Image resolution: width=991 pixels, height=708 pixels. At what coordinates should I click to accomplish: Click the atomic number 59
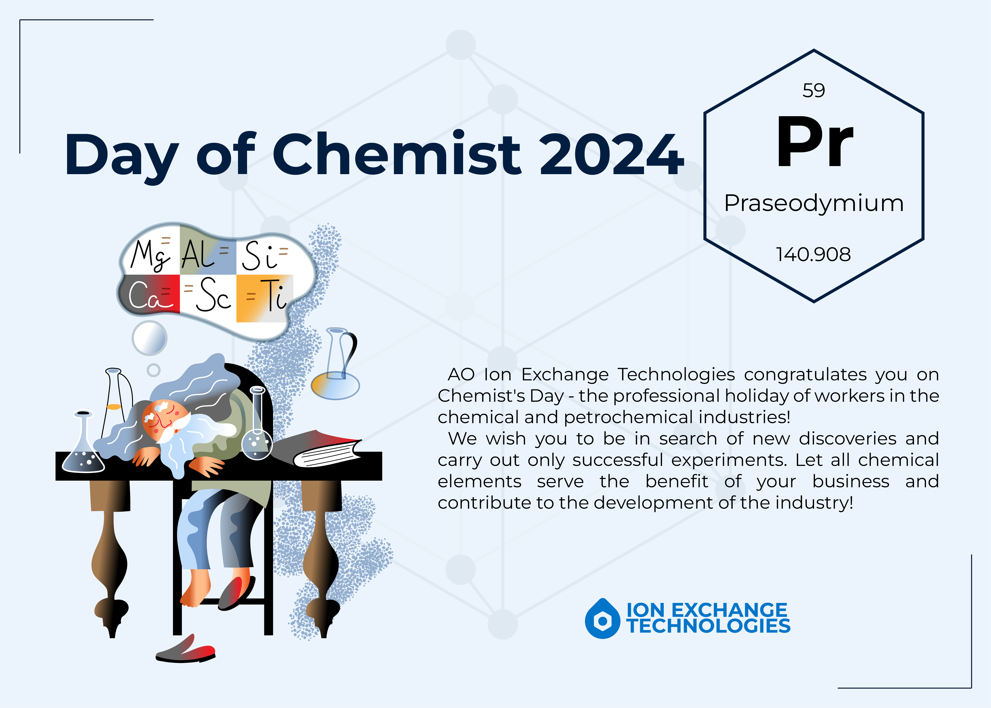(x=813, y=91)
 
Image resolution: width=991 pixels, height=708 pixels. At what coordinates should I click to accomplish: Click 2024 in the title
(x=611, y=155)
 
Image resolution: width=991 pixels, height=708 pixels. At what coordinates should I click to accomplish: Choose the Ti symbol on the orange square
(x=275, y=296)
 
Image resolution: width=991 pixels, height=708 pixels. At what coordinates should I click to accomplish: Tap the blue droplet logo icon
(x=602, y=619)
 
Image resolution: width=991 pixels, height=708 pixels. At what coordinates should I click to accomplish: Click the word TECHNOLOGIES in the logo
(x=708, y=626)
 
